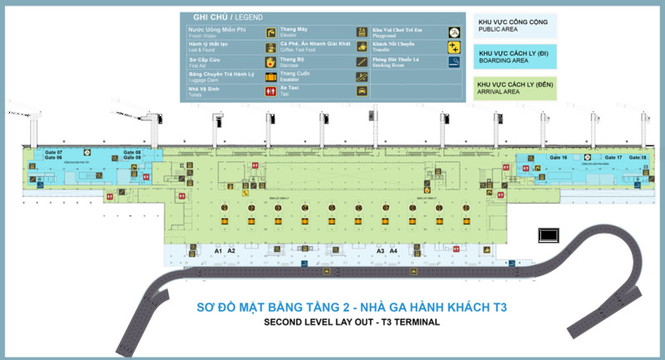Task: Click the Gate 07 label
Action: [x=54, y=152]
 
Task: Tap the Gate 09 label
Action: [x=132, y=158]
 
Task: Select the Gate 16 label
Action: [x=558, y=157]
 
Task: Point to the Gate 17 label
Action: [x=613, y=157]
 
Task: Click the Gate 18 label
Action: [x=638, y=157]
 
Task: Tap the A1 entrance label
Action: [x=219, y=250]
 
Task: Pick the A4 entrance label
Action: [x=394, y=250]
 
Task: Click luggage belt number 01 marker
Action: [x=224, y=207]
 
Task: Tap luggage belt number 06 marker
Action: [x=358, y=207]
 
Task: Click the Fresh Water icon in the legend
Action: [x=270, y=32]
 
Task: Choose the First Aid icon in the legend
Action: [x=270, y=62]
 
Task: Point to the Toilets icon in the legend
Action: [x=270, y=91]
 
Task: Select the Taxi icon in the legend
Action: [x=362, y=91]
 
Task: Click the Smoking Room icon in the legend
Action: [x=453, y=62]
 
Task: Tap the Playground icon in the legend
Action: [x=453, y=32]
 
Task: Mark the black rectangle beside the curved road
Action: [x=549, y=235]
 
